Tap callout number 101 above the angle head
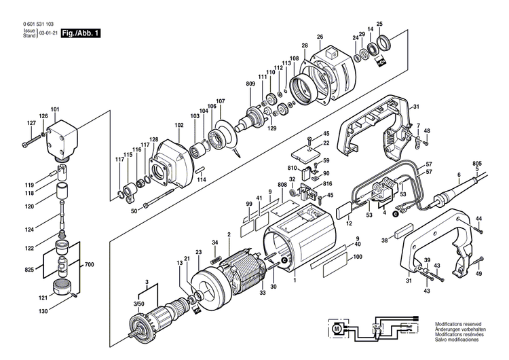[55, 109]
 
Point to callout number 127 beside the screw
[31, 123]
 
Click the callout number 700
[88, 264]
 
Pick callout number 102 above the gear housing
[178, 126]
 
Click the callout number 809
[250, 84]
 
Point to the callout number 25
[379, 24]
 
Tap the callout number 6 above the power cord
[459, 175]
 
